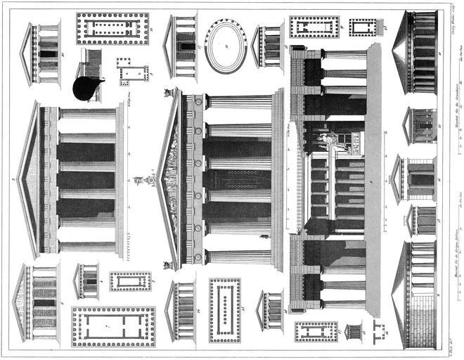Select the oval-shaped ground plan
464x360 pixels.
(226, 45)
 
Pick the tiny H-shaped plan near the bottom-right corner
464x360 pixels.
(380, 329)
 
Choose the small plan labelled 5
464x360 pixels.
(130, 281)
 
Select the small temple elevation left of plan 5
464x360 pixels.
(87, 281)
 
